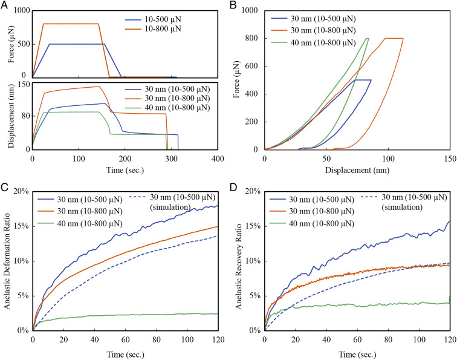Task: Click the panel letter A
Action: [x=5, y=5]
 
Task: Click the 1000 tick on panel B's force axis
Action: [x=253, y=11]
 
